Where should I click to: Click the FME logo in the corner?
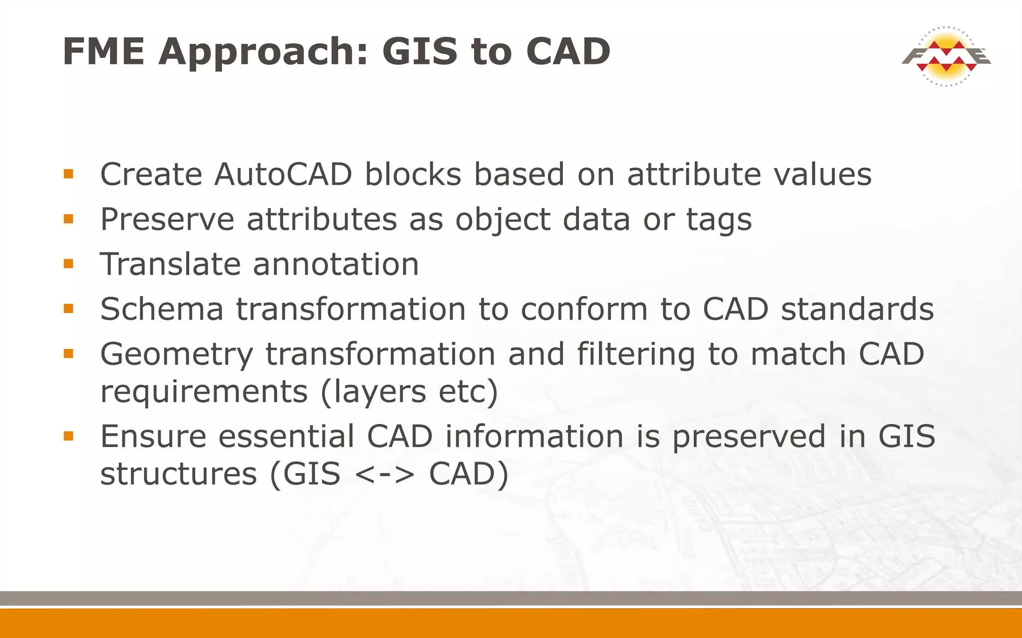click(946, 56)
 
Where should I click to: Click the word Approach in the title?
click(263, 52)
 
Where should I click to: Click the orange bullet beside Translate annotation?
click(69, 263)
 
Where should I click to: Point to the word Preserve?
click(167, 219)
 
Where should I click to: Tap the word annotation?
click(335, 264)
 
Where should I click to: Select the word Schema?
click(162, 309)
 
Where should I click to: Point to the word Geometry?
click(177, 355)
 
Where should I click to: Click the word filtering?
click(636, 355)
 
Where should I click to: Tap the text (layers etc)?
click(409, 392)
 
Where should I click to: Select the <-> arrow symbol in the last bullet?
click(385, 474)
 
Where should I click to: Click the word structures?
click(179, 474)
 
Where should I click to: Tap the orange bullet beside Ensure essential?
click(69, 436)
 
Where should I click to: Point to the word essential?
click(286, 437)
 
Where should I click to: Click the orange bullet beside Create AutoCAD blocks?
click(69, 174)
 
